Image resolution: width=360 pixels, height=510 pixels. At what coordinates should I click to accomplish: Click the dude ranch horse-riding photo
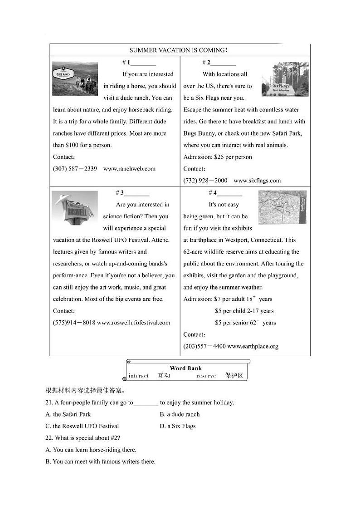75,78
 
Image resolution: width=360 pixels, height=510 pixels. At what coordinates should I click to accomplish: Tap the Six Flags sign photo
285,80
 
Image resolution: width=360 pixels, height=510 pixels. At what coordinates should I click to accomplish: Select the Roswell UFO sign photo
75,208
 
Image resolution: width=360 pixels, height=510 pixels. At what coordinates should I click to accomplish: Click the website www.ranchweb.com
129,169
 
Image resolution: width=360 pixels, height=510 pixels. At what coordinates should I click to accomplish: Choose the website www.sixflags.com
257,181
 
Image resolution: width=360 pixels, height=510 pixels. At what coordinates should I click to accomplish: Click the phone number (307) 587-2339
75,169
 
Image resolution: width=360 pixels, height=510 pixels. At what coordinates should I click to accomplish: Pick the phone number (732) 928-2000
205,181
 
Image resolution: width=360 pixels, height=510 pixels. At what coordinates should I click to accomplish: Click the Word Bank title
186,368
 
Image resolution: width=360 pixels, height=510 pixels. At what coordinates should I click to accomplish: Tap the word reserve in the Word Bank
206,376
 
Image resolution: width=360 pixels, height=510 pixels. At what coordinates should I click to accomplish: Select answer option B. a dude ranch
180,414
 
